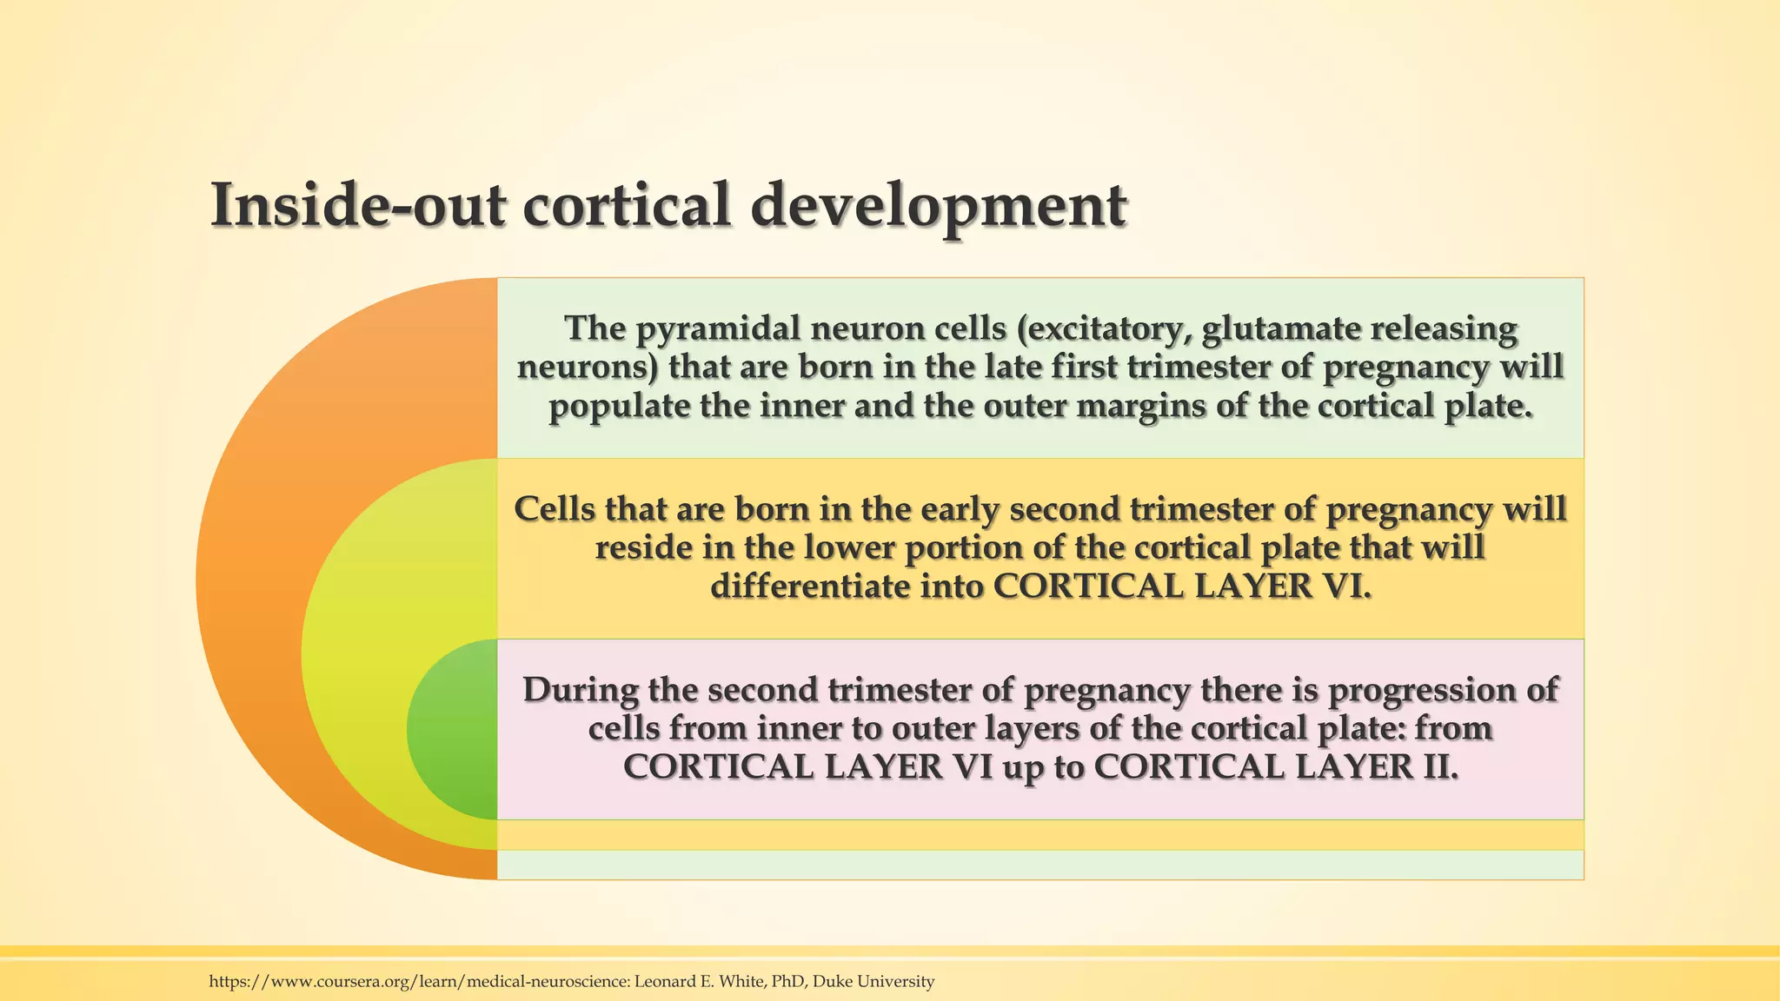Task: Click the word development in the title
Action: coord(939,206)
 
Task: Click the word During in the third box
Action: coord(580,690)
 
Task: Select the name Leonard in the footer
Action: coord(663,982)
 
